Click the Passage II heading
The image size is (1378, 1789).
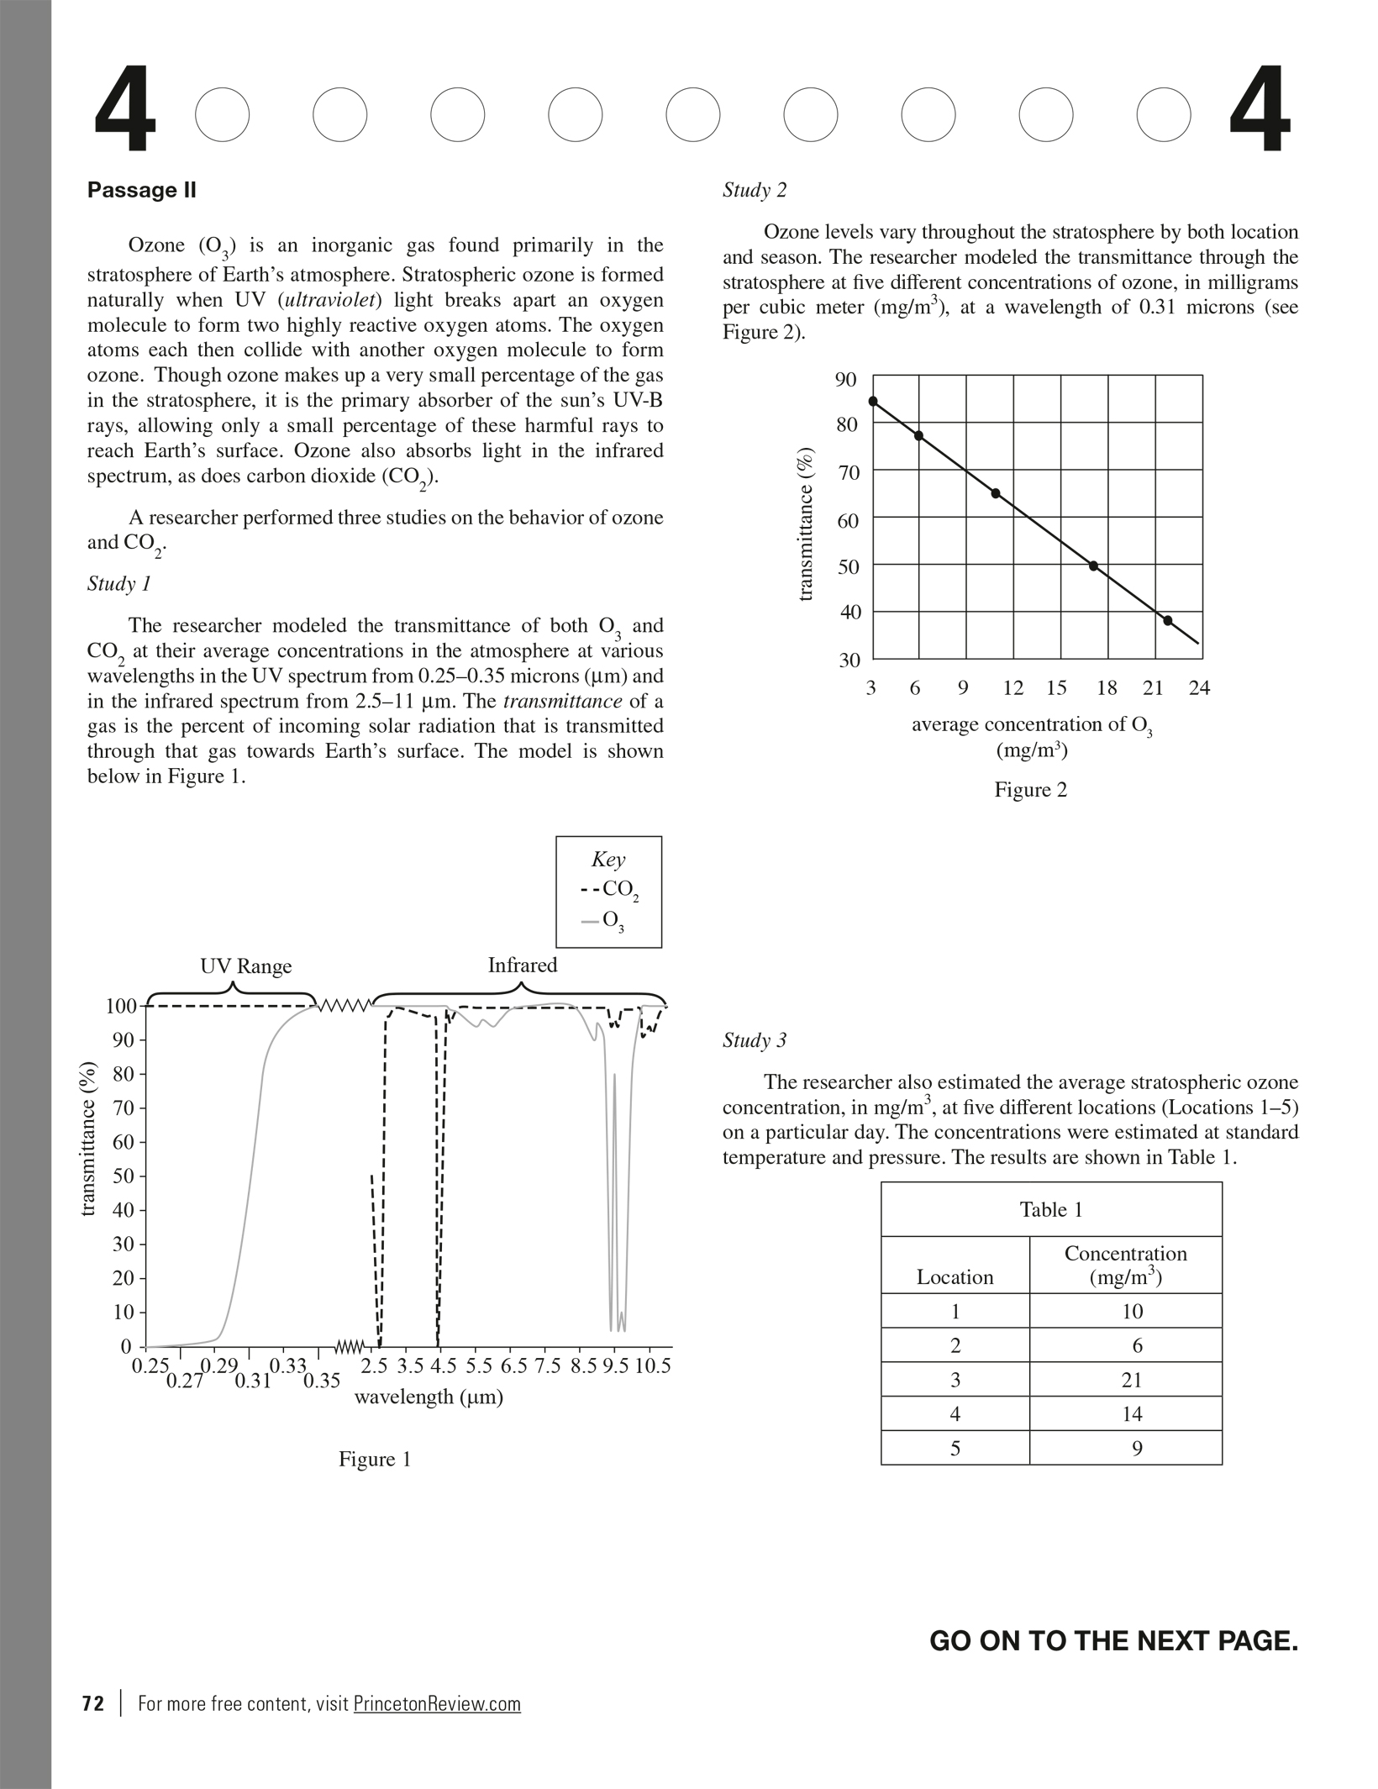pyautogui.click(x=141, y=190)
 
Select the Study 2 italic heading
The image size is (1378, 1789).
pyautogui.click(x=755, y=190)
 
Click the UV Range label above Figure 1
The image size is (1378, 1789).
pyautogui.click(x=245, y=966)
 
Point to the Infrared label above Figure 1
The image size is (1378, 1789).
pyautogui.click(x=522, y=966)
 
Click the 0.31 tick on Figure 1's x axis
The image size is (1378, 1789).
pyautogui.click(x=252, y=1381)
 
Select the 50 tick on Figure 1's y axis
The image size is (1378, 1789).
pyautogui.click(x=124, y=1176)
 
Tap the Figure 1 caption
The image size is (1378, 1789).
pyautogui.click(x=375, y=1460)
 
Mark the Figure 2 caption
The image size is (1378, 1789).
pyautogui.click(x=1030, y=790)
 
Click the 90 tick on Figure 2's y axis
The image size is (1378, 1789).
pyautogui.click(x=846, y=380)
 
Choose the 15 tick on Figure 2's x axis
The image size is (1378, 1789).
pyautogui.click(x=1056, y=688)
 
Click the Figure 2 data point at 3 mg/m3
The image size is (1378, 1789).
pyautogui.click(x=873, y=402)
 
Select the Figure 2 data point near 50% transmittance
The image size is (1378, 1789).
pyautogui.click(x=1093, y=566)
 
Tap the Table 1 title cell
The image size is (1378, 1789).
pyautogui.click(x=1051, y=1210)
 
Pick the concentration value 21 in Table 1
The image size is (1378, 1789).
pyautogui.click(x=1131, y=1380)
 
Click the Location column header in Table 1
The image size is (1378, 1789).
pyautogui.click(x=955, y=1277)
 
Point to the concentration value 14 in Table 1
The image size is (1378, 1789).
pyautogui.click(x=1131, y=1414)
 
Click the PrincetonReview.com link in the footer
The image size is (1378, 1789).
pyautogui.click(x=437, y=1703)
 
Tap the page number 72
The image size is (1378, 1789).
pyautogui.click(x=93, y=1703)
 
